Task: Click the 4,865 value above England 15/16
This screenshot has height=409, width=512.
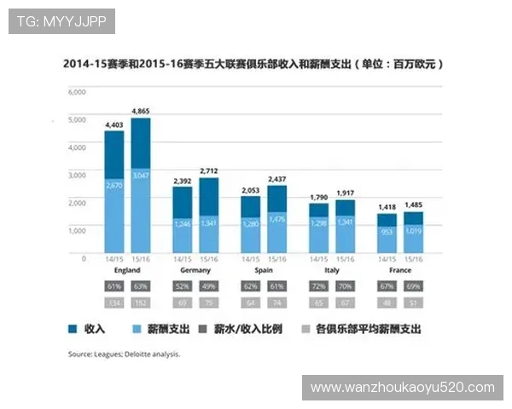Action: coord(141,111)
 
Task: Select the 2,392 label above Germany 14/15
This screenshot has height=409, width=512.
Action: coord(183,181)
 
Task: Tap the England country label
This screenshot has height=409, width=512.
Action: coord(127,270)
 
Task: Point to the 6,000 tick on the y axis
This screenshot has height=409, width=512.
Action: coord(77,91)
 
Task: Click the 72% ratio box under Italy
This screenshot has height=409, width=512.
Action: coord(318,285)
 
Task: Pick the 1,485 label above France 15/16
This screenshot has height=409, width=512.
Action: coord(413,205)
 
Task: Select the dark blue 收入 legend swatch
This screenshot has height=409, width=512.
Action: coord(73,328)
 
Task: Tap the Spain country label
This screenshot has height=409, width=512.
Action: coord(264,270)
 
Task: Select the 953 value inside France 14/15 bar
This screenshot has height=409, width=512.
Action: coord(387,231)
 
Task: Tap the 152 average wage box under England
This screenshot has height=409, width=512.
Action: coord(140,302)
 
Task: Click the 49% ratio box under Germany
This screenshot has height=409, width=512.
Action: coord(208,285)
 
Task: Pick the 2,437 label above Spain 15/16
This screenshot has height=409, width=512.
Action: coord(276,179)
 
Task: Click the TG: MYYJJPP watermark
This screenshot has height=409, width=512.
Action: coord(61,21)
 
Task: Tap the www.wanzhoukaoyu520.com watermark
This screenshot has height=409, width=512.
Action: coord(403,388)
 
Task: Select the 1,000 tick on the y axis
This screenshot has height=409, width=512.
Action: coord(77,230)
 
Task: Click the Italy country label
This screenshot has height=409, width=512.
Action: coord(331,270)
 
